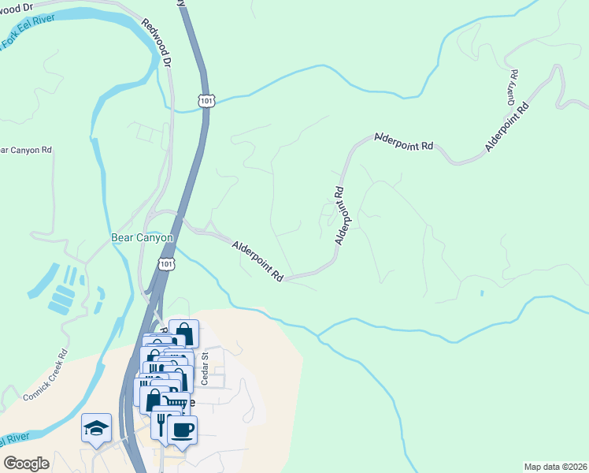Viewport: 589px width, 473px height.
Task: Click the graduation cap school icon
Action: (96, 428)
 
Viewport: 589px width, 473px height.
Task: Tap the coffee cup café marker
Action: (183, 430)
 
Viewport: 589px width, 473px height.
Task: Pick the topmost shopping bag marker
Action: (183, 333)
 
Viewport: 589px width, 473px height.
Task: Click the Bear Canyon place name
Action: (140, 238)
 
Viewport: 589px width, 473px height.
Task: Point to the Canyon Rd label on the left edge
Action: (25, 150)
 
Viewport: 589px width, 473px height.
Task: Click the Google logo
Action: (26, 463)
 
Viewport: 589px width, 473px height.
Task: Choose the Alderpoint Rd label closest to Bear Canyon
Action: (257, 262)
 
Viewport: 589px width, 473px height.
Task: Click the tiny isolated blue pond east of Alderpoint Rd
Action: (481, 294)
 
